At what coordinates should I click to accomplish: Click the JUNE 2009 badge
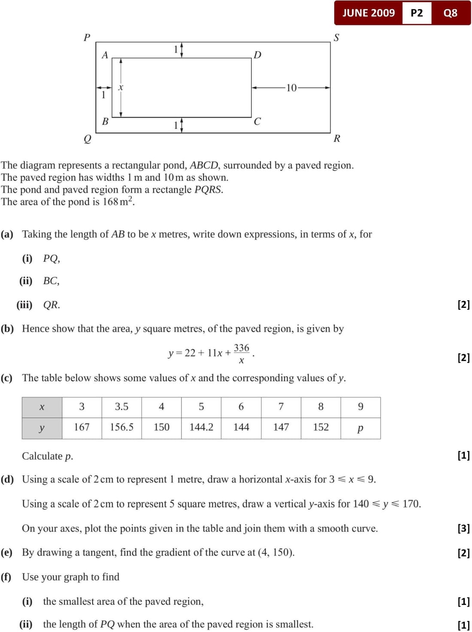(368, 13)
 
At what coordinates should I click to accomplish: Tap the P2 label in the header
(417, 13)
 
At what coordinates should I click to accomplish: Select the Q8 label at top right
(450, 13)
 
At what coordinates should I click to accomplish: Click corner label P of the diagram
(87, 37)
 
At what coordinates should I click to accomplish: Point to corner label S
(336, 38)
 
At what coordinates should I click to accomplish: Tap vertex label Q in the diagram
(87, 139)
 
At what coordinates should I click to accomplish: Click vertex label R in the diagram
(337, 138)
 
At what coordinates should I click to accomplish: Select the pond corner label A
(105, 55)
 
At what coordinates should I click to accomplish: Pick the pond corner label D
(257, 55)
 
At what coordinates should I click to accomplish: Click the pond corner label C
(257, 121)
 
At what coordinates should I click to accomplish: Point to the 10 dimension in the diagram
(291, 88)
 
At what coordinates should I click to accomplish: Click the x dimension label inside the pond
(121, 87)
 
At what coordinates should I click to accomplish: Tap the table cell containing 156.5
(121, 427)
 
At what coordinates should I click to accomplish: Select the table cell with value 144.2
(201, 427)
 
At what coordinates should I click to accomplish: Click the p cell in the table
(360, 428)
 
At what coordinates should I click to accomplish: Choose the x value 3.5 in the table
(121, 406)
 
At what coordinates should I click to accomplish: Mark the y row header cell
(42, 428)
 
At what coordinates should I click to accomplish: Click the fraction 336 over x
(242, 354)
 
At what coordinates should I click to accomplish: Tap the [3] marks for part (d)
(463, 528)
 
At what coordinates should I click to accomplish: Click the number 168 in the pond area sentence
(110, 202)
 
